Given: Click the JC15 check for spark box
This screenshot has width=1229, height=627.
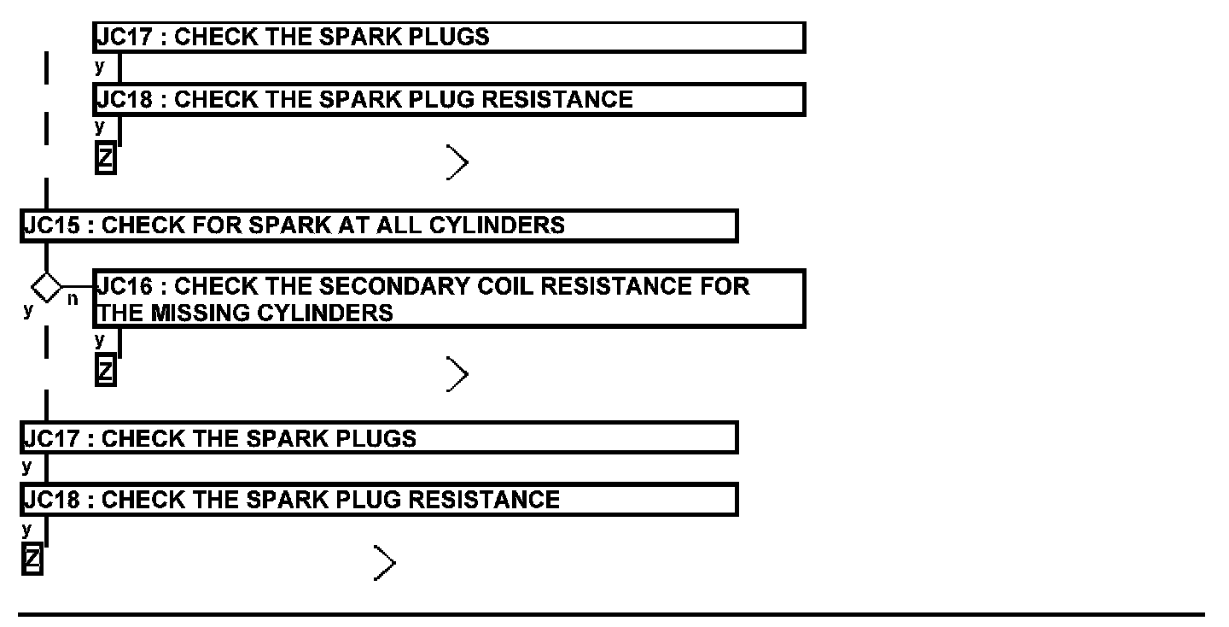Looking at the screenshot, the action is click(379, 226).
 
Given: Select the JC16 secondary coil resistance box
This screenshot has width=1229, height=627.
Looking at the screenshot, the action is click(449, 298).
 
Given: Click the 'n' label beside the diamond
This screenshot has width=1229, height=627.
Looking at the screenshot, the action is click(73, 300).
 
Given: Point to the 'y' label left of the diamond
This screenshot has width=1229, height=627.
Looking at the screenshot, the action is click(28, 309).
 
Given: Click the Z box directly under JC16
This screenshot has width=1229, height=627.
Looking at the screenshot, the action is click(105, 372).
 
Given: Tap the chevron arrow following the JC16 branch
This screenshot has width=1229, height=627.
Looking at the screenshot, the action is click(457, 375).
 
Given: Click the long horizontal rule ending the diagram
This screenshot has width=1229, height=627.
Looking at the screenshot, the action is click(611, 614).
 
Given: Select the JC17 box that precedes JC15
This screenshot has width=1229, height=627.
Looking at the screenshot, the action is click(449, 38).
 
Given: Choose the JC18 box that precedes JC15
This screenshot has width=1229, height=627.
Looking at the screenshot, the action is click(449, 99).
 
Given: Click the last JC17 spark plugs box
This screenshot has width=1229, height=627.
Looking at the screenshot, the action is click(379, 437).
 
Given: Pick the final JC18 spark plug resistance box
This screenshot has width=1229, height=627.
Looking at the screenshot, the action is click(379, 499).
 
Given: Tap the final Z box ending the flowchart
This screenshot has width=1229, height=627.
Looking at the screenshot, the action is click(32, 560).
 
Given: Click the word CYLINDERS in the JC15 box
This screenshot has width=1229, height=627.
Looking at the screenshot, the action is click(497, 226).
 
